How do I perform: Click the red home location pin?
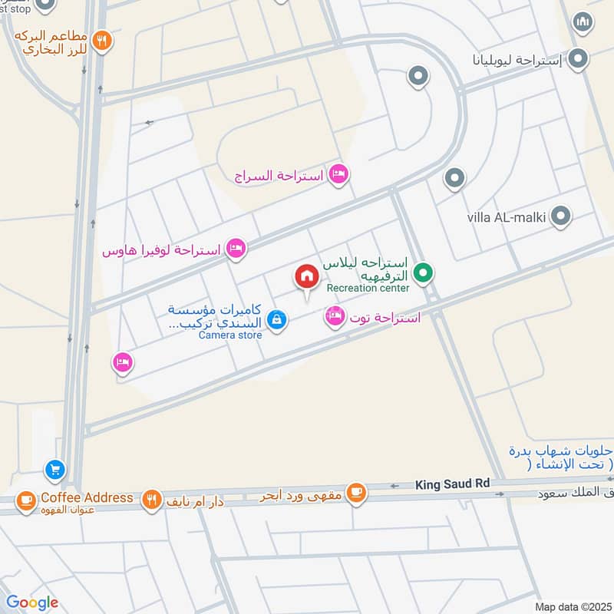coord(306,277)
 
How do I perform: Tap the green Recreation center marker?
coord(421,272)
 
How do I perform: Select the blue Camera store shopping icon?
coord(278,322)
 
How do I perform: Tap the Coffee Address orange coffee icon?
coord(26,500)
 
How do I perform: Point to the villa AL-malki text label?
coord(506,217)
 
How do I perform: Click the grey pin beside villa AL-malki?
coord(561,216)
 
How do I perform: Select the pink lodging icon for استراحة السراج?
coord(338,176)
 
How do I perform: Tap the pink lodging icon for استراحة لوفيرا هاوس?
coord(237,249)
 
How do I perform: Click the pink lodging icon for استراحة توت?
coord(335,315)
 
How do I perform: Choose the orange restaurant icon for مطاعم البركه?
coord(102,41)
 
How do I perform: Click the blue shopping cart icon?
coord(54,468)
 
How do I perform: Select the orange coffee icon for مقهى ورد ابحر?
coord(355,492)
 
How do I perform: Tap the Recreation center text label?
coord(368,288)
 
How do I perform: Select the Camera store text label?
coord(230,335)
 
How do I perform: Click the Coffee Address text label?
coord(87,497)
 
